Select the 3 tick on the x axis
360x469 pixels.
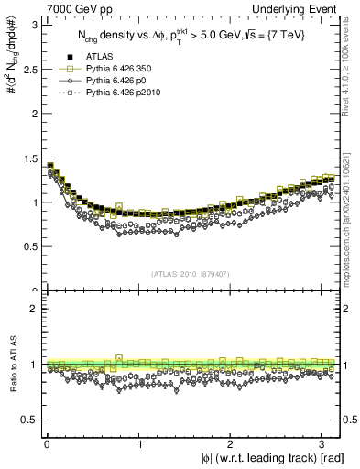[x=324, y=444]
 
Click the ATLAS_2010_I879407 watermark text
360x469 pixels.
[x=191, y=273]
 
